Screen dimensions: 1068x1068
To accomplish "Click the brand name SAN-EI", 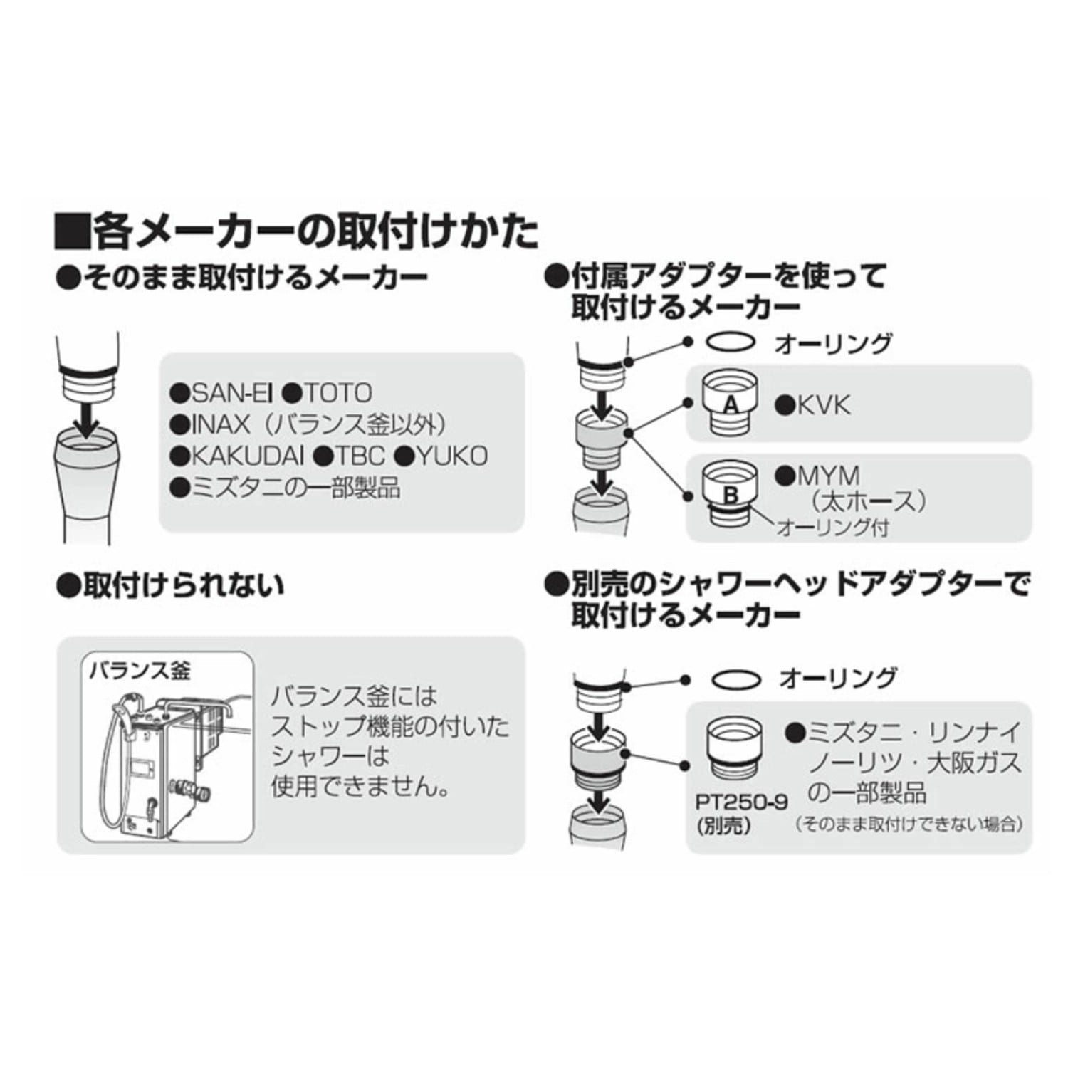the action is pyautogui.click(x=231, y=392).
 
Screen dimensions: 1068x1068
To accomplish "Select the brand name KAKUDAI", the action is pyautogui.click(x=248, y=455).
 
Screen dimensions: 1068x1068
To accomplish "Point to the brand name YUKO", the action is pyautogui.click(x=451, y=455).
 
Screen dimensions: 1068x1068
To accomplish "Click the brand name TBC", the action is pyautogui.click(x=360, y=455).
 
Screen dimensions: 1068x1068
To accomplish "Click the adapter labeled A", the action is pyautogui.click(x=730, y=403).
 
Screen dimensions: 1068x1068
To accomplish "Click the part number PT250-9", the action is pyautogui.click(x=742, y=802).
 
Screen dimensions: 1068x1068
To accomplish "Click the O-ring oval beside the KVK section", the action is pyautogui.click(x=731, y=342).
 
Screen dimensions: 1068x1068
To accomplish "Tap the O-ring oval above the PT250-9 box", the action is pyautogui.click(x=735, y=680).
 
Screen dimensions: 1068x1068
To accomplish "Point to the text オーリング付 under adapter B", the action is pyautogui.click(x=832, y=528).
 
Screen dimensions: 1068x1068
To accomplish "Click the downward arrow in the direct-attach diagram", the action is pyautogui.click(x=88, y=420).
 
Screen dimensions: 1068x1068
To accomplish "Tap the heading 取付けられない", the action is pyautogui.click(x=184, y=585).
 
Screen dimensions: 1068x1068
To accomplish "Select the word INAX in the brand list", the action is pyautogui.click(x=221, y=424).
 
